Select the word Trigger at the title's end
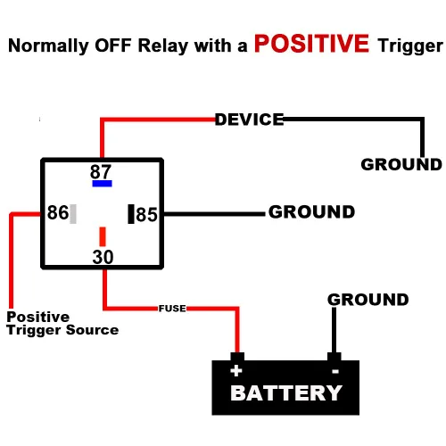(x=409, y=46)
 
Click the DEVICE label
(x=249, y=119)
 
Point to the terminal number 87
(x=101, y=170)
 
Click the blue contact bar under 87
(x=101, y=184)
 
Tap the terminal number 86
(x=57, y=213)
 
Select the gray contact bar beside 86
(x=73, y=213)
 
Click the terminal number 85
(x=146, y=214)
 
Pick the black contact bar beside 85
(x=131, y=214)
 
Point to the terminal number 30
(x=103, y=257)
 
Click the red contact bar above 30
(x=103, y=236)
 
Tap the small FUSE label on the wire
(x=172, y=308)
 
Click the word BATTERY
(x=285, y=392)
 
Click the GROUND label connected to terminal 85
(x=311, y=212)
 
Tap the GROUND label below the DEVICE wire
(x=401, y=164)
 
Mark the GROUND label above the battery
(x=368, y=300)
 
